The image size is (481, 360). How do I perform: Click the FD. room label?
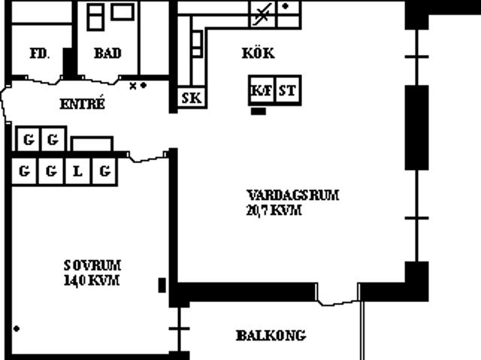tap(40, 53)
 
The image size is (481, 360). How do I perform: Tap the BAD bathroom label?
tap(107, 53)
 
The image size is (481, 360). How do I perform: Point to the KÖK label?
tap(259, 53)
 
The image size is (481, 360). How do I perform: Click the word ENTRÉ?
tap(82, 103)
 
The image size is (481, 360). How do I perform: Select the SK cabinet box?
tap(192, 98)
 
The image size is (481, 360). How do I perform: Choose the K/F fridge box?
tap(262, 90)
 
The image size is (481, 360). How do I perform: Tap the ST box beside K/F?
tap(288, 90)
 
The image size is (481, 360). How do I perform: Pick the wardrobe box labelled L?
tap(77, 171)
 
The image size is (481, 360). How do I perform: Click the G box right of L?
tap(104, 171)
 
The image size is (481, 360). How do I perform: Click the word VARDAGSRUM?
tap(293, 195)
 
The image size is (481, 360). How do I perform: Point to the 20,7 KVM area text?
tap(274, 210)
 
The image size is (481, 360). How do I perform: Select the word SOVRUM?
tap(92, 265)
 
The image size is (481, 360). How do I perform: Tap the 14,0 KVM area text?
tap(92, 280)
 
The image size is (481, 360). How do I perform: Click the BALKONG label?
tap(271, 335)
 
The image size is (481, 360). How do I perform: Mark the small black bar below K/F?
tap(259, 111)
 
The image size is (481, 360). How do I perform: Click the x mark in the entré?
tap(133, 86)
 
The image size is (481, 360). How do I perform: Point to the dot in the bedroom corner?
tap(17, 328)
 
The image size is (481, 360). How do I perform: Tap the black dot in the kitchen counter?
tap(286, 6)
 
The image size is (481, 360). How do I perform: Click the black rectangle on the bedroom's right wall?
tap(162, 285)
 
